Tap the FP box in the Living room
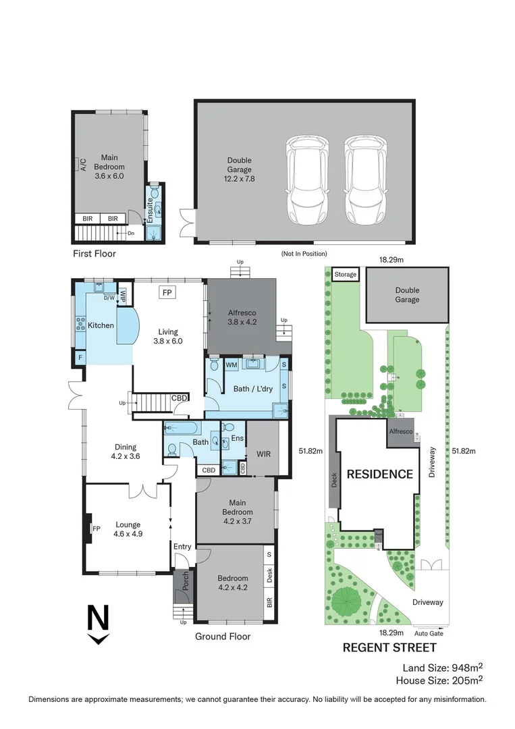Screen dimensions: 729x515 point(167,292)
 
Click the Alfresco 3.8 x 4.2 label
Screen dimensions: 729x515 point(242,317)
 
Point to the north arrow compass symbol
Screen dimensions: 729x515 point(99,624)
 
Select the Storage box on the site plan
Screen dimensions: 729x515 point(346,275)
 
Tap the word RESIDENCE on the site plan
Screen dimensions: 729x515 point(379,474)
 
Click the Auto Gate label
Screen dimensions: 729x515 point(429,634)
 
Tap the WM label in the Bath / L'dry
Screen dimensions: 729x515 point(232,365)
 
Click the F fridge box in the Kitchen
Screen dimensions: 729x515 point(80,357)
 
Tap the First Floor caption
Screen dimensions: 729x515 point(94,254)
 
